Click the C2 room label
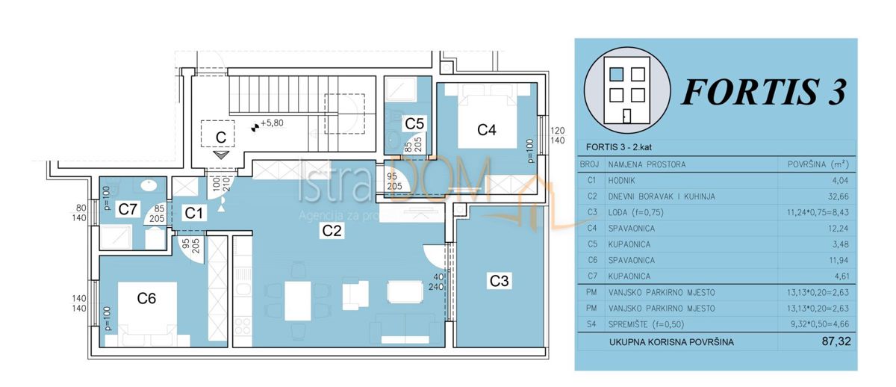click(332, 232)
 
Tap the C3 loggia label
click(500, 281)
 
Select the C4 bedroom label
click(487, 130)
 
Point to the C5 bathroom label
click(414, 123)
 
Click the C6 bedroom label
click(146, 298)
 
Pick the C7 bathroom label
click(128, 209)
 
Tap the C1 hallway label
click(194, 214)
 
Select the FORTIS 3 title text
click(764, 93)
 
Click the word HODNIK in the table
click(626, 180)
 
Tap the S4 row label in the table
click(591, 324)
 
